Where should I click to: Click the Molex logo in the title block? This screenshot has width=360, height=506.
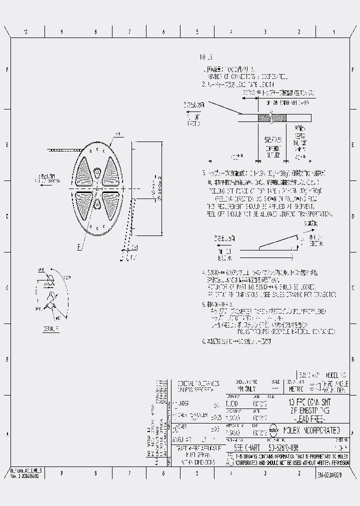pyautogui.click(x=274, y=429)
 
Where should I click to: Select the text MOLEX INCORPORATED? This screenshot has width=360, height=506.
pyautogui.click(x=312, y=429)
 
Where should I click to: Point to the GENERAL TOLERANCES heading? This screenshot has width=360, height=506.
pyautogui.click(x=194, y=385)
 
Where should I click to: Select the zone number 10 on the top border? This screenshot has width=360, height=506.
pyautogui.click(x=27, y=32)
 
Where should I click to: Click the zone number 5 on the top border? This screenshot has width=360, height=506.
pyautogui.click(x=197, y=32)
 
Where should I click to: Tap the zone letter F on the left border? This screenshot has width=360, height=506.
pyautogui.click(x=7, y=70)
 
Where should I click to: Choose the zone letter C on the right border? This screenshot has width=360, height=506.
pyautogui.click(x=353, y=288)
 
